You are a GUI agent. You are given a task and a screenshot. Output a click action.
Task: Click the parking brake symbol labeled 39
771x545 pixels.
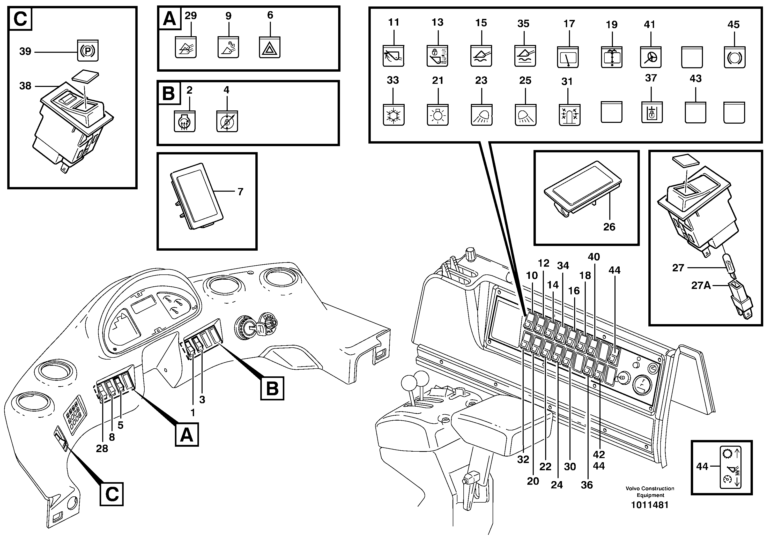click(88, 51)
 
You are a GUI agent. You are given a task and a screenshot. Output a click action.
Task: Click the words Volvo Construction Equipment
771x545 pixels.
click(650, 492)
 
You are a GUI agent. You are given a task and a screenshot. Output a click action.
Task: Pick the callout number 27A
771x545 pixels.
click(701, 285)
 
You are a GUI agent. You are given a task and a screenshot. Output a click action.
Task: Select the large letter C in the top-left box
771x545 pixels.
click(20, 18)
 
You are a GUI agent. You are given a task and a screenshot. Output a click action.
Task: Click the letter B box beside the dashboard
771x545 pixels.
click(272, 389)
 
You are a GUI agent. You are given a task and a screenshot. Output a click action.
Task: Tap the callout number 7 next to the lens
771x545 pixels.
click(240, 192)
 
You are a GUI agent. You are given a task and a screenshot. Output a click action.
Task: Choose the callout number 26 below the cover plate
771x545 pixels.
click(609, 227)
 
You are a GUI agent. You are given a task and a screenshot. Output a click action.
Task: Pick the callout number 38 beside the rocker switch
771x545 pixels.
click(25, 86)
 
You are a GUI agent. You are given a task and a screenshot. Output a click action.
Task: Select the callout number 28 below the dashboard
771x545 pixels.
click(102, 448)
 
